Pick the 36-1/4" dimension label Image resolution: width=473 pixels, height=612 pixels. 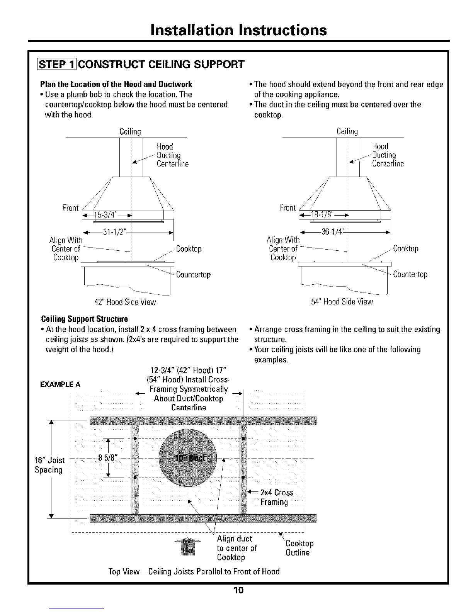tap(332, 232)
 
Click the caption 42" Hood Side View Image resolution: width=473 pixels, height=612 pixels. tap(125, 302)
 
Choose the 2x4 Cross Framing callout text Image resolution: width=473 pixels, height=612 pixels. tap(277, 498)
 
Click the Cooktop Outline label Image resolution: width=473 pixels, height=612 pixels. tap(299, 548)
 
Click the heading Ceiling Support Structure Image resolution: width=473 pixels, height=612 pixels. tap(84, 320)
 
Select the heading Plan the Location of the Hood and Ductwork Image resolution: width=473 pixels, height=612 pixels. tap(116, 84)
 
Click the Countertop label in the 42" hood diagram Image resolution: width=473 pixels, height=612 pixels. tap(193, 275)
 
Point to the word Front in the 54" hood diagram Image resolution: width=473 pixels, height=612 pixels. tap(288, 208)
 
